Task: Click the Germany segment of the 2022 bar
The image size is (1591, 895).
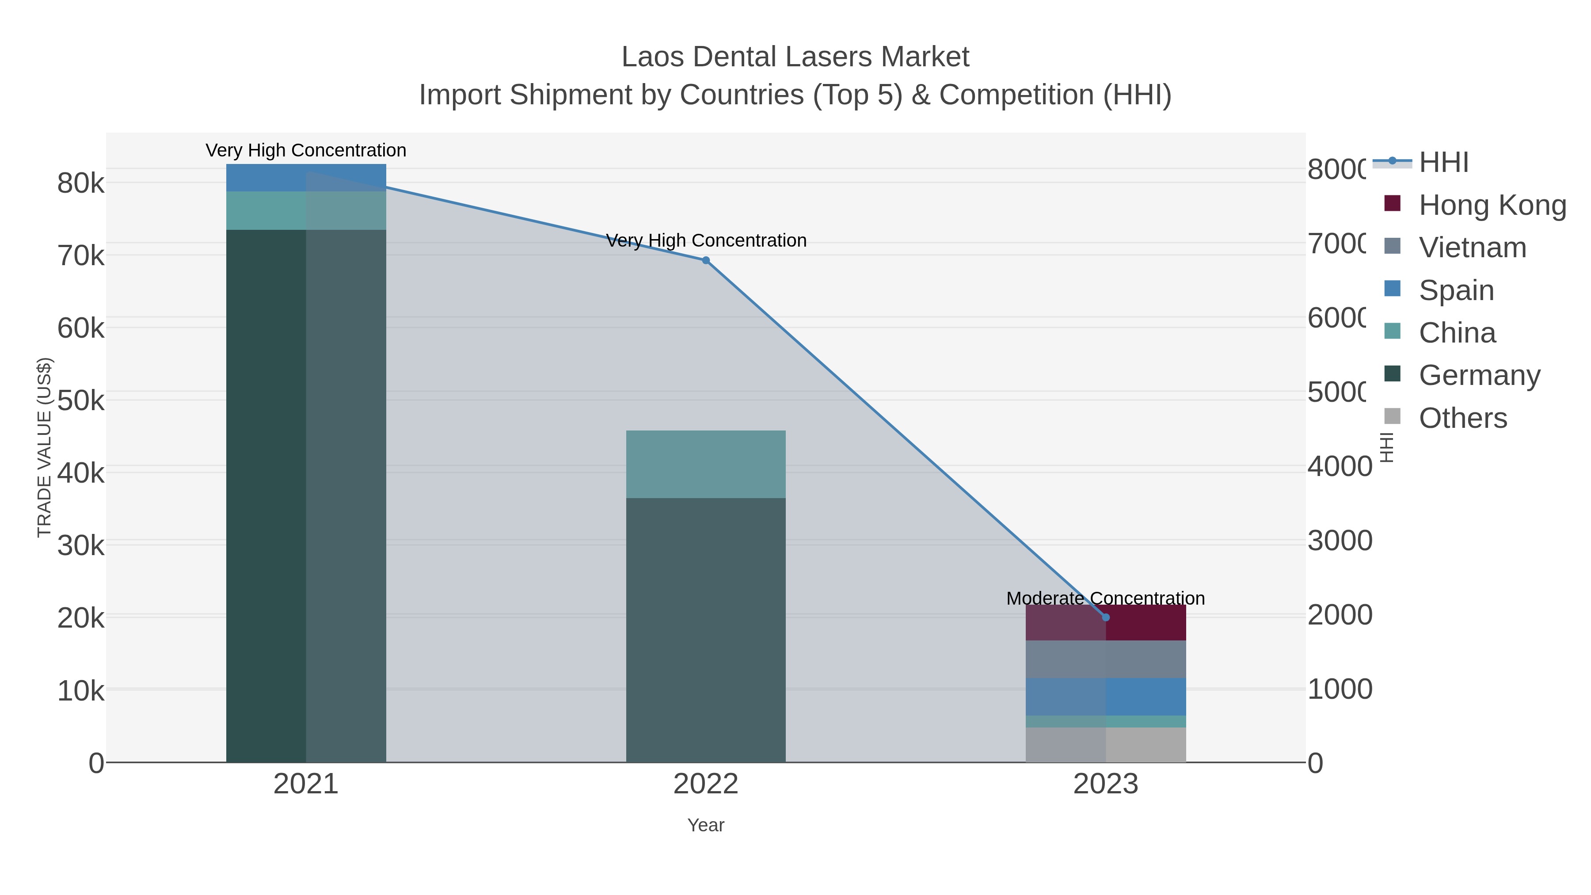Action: pyautogui.click(x=705, y=630)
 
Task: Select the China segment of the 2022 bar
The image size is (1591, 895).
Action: pyautogui.click(x=705, y=464)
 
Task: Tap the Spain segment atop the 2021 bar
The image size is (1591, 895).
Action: pyautogui.click(x=306, y=177)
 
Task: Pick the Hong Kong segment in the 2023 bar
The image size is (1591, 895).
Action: pyautogui.click(x=1106, y=623)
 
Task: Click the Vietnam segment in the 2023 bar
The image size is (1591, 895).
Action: pyautogui.click(x=1106, y=659)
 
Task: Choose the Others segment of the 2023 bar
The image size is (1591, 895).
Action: pyautogui.click(x=1106, y=744)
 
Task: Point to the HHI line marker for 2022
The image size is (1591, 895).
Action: pyautogui.click(x=705, y=260)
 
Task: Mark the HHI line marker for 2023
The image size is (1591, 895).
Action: pyautogui.click(x=1106, y=617)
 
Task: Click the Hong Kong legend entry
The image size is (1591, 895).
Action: pyautogui.click(x=1492, y=205)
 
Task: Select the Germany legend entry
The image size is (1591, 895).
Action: pyautogui.click(x=1479, y=375)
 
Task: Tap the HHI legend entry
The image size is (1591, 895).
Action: pyautogui.click(x=1443, y=163)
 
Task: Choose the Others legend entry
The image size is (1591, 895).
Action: pyautogui.click(x=1462, y=418)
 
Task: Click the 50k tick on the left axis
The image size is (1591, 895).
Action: pyautogui.click(x=81, y=401)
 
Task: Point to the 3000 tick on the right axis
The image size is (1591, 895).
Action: pyautogui.click(x=1340, y=541)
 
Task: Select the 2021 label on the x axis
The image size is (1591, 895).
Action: pyautogui.click(x=306, y=784)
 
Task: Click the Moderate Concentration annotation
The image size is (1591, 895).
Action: pyautogui.click(x=1106, y=598)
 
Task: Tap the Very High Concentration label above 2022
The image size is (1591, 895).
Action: pyautogui.click(x=705, y=240)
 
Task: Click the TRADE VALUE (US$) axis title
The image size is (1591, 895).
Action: pyautogui.click(x=45, y=447)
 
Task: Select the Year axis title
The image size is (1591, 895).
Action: pyautogui.click(x=705, y=825)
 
